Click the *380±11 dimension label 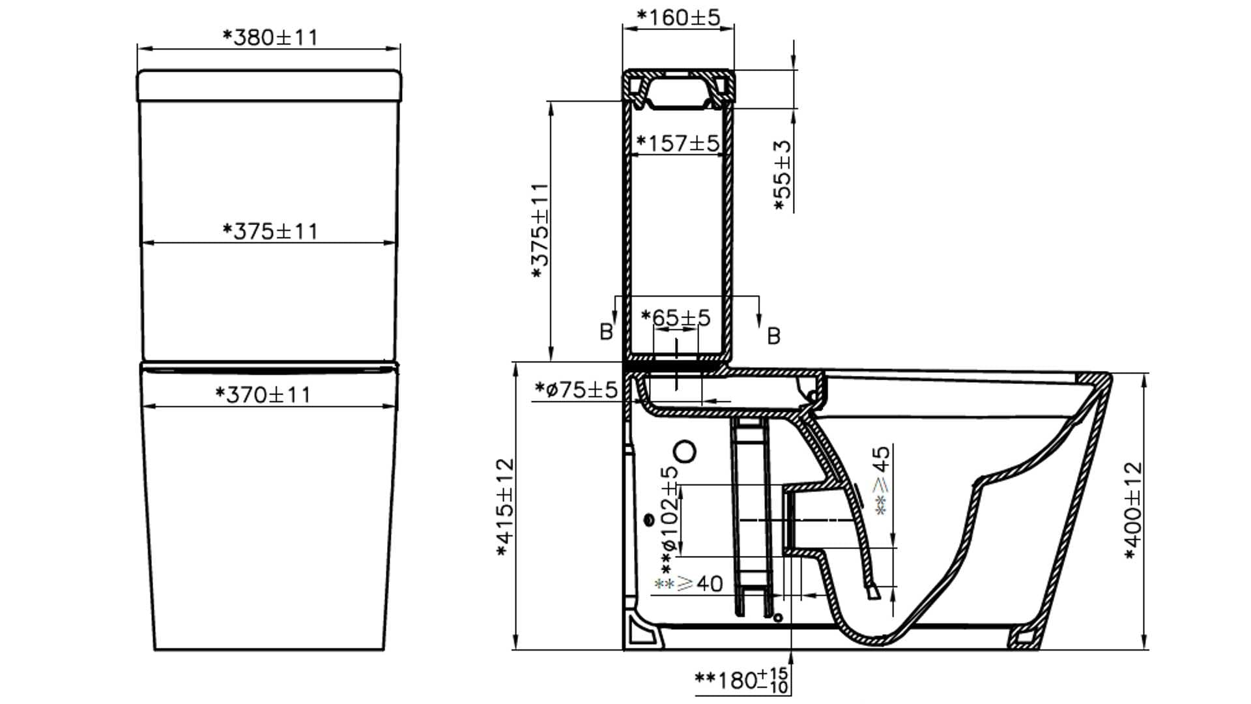pos(270,37)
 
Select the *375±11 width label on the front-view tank pos(270,231)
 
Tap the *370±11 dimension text pos(263,394)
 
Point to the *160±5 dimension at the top pos(678,17)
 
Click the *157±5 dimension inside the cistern pos(678,143)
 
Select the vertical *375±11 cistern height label pos(540,231)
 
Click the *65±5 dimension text pos(676,317)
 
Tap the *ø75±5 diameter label pos(575,389)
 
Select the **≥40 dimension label pos(689,583)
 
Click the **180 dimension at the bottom pos(741,681)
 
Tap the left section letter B pos(606,332)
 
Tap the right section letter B pos(773,336)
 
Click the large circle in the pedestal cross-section pos(685,451)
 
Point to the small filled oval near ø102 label pos(649,520)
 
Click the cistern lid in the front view pos(269,85)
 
